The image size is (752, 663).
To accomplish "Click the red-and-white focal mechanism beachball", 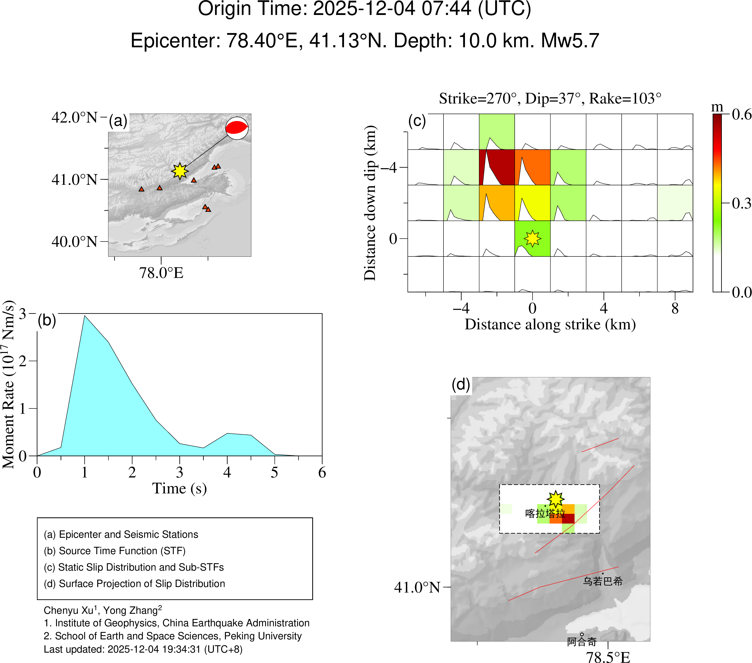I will tap(237, 128).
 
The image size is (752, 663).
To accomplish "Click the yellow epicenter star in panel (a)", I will tap(180, 171).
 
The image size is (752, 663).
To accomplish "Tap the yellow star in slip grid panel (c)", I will tap(532, 239).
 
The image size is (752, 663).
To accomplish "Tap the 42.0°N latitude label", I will tap(75, 118).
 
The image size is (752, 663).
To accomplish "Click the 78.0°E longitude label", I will tap(161, 273).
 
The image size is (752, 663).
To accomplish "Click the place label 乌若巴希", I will tap(603, 581).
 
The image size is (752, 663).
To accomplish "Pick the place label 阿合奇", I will tap(582, 642).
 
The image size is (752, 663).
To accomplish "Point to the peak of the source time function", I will tap(85, 316).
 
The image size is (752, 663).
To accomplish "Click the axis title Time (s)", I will tap(180, 488).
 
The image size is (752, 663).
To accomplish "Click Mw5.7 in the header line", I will tap(570, 41).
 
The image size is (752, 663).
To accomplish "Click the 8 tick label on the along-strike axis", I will tap(675, 308).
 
